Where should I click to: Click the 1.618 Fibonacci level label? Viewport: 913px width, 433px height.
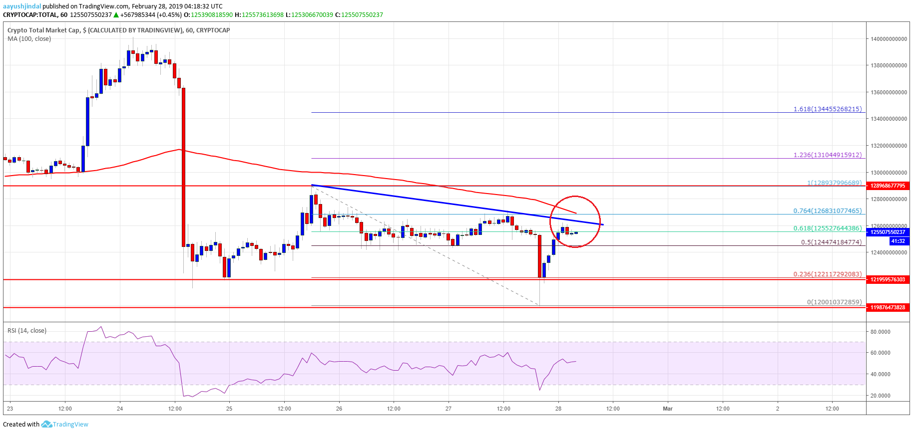(827, 109)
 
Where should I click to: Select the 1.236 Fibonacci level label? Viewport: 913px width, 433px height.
(827, 155)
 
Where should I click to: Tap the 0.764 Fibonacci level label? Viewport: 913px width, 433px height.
(827, 211)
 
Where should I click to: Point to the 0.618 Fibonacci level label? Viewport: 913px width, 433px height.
(827, 228)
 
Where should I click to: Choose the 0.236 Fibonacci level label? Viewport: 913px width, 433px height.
(827, 274)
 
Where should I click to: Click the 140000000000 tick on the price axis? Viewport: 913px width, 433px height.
(889, 39)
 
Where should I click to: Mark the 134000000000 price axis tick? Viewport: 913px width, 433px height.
(889, 119)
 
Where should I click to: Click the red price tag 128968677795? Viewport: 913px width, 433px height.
(888, 186)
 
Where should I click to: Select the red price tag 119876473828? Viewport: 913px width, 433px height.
(888, 307)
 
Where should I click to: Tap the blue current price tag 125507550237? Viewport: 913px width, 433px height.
(888, 232)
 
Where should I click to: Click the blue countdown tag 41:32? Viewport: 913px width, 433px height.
(898, 241)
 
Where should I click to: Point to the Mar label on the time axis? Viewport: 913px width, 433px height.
(668, 409)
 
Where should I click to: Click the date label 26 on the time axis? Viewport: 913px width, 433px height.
(339, 409)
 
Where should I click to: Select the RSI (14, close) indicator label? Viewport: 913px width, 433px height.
(27, 331)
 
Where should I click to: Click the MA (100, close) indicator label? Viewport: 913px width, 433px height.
(29, 39)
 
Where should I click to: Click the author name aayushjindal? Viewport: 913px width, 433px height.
(22, 6)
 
